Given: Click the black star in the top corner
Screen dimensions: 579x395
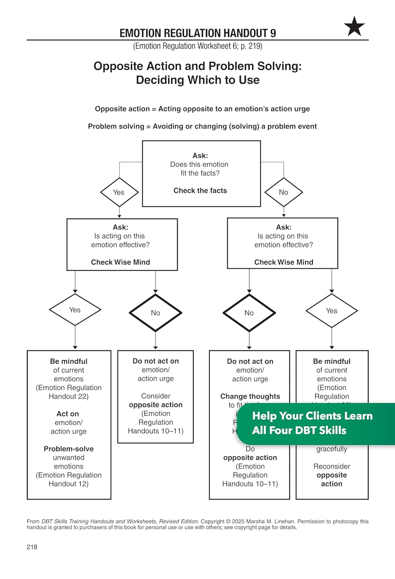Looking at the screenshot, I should click(354, 26).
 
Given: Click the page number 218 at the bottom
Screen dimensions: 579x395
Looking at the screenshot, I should click(32, 547).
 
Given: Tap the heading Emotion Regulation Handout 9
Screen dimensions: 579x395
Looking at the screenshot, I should click(197, 33).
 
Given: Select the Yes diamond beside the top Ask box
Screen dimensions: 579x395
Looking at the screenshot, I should click(119, 192).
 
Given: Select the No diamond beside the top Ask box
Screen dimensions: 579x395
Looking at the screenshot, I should click(284, 192).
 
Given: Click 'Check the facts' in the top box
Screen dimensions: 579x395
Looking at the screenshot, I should click(200, 191).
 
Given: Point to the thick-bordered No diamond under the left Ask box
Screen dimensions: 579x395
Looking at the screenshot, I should click(155, 313).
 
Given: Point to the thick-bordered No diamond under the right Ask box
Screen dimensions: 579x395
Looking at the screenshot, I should click(249, 313).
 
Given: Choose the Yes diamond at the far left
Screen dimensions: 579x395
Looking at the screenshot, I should click(75, 310).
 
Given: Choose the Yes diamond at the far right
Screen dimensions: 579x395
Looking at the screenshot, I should click(332, 311).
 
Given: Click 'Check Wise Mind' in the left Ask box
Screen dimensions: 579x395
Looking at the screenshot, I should click(120, 262).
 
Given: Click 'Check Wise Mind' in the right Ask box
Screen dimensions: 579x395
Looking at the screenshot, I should click(284, 262).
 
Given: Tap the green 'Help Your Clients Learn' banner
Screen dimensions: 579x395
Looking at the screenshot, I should click(312, 423).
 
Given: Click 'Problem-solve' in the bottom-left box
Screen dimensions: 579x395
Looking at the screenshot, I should click(69, 449).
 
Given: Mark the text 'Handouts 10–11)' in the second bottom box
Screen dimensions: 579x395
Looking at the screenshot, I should click(155, 431).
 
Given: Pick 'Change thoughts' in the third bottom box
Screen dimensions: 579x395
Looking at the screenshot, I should click(250, 396).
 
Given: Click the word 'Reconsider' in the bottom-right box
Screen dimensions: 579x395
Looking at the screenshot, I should click(332, 466).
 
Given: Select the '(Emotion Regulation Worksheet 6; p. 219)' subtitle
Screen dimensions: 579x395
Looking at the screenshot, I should click(197, 46).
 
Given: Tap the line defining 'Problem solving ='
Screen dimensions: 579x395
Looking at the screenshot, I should click(202, 126).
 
